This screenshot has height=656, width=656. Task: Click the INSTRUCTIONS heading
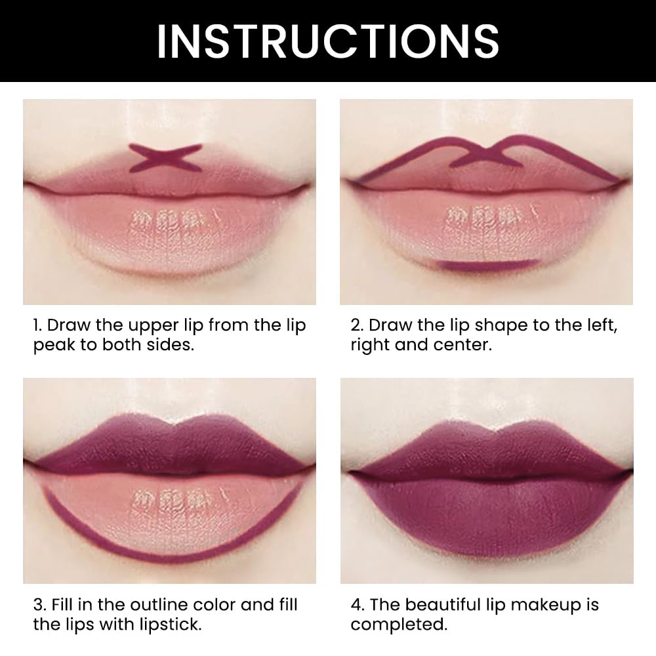pyautogui.click(x=328, y=41)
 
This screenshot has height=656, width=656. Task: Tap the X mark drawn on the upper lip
pyautogui.click(x=164, y=158)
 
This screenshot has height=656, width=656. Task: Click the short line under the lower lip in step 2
pyautogui.click(x=488, y=264)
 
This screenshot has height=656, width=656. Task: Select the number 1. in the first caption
pyautogui.click(x=38, y=326)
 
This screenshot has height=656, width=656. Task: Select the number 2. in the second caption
pyautogui.click(x=357, y=326)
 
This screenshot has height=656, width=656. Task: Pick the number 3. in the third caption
pyautogui.click(x=39, y=605)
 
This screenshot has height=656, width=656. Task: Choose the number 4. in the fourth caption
pyautogui.click(x=358, y=605)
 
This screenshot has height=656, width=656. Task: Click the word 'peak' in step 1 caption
pyautogui.click(x=54, y=346)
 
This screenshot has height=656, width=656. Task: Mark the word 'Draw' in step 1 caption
pyautogui.click(x=69, y=326)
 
